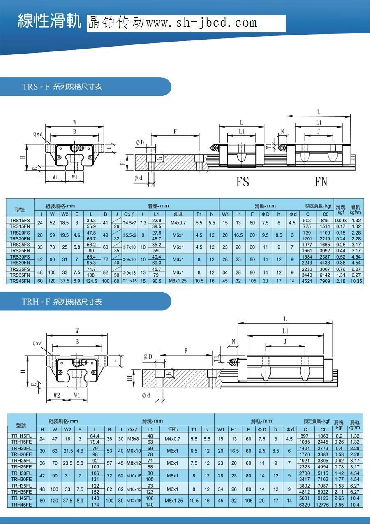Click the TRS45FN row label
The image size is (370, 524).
click(x=20, y=281)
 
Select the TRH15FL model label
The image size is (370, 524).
click(x=21, y=436)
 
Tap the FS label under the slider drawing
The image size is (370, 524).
click(x=243, y=182)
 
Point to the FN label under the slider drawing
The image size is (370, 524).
click(x=321, y=182)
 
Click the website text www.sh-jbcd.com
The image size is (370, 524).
click(x=201, y=23)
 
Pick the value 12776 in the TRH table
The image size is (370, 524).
click(x=322, y=505)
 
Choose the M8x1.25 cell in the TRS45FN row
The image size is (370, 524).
click(x=178, y=281)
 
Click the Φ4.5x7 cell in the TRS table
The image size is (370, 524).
click(x=129, y=223)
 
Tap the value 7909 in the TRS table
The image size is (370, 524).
click(x=325, y=281)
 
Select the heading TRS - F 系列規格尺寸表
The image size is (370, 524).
click(x=62, y=86)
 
